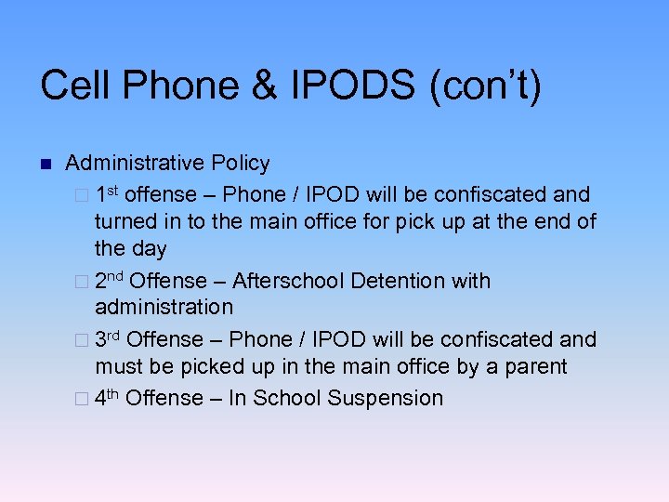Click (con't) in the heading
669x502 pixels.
pos(484,86)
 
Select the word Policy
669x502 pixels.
pos(241,164)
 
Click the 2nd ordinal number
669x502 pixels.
pos(110,280)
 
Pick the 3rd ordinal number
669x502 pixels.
pos(108,338)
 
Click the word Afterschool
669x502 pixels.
pos(288,281)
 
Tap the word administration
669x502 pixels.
pos(164,307)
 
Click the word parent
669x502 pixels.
pos(535,366)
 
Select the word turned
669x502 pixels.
pos(125,222)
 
